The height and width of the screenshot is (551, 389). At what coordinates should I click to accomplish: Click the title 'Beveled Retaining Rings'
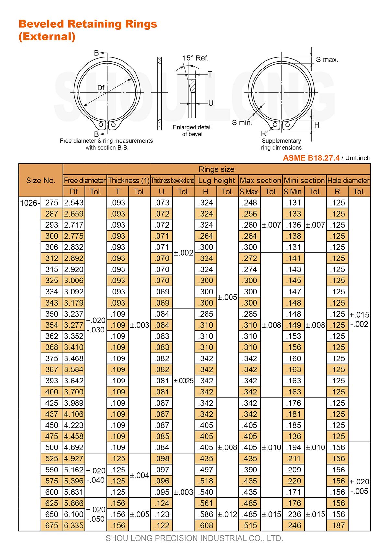click(88, 24)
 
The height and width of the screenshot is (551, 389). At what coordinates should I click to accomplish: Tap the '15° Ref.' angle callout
click(195, 58)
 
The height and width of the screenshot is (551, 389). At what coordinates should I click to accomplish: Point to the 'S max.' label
click(327, 60)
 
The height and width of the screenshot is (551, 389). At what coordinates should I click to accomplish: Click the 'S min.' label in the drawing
click(242, 123)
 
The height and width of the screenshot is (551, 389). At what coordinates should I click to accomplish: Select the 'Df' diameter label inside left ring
click(101, 88)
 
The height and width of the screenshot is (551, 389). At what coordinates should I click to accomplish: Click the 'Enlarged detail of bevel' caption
click(192, 131)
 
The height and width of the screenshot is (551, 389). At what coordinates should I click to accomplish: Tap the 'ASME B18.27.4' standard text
click(311, 158)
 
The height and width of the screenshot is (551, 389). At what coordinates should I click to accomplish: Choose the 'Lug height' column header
click(217, 181)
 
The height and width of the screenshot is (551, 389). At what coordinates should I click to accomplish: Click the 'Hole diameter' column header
click(348, 181)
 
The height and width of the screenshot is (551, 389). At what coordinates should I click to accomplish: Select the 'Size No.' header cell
click(41, 181)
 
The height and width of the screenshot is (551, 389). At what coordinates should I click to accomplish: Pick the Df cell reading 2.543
click(74, 203)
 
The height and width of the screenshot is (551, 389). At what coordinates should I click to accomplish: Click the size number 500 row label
click(52, 447)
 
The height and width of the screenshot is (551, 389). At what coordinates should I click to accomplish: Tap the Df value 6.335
click(74, 525)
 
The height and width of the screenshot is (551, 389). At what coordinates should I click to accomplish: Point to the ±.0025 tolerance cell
click(183, 381)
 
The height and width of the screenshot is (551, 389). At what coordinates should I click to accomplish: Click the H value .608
click(206, 525)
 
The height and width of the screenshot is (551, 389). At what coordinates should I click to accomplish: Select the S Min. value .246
click(294, 525)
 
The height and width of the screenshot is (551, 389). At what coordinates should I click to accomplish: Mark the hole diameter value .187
click(337, 525)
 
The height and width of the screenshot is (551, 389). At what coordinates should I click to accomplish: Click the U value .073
click(162, 203)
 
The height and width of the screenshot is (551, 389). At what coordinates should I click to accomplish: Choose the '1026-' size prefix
click(30, 203)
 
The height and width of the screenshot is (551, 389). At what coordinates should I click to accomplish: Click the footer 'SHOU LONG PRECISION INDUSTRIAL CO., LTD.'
click(194, 538)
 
